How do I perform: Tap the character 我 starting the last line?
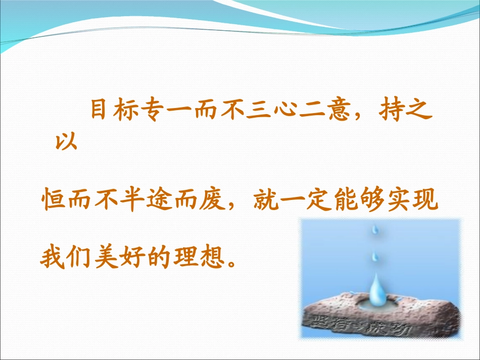click(x=52, y=258)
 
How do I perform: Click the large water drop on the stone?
click(x=376, y=293)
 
